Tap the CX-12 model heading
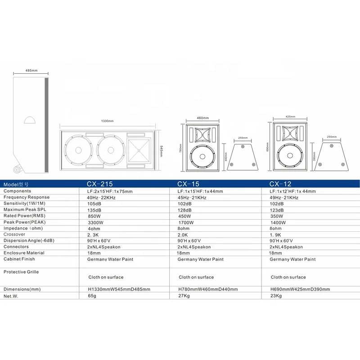281,184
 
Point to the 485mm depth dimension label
31,71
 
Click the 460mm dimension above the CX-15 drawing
203,118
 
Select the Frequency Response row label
27,198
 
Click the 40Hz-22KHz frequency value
101,198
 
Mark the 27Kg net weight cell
184,297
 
